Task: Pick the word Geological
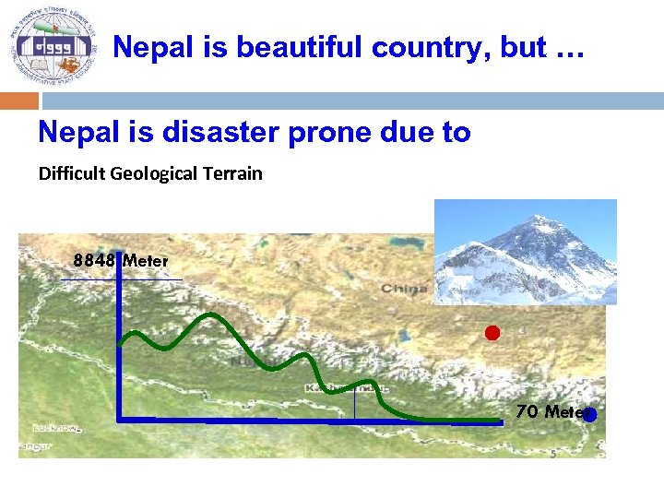(156, 173)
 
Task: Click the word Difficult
(73, 173)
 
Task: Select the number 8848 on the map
(95, 260)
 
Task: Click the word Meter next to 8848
(146, 261)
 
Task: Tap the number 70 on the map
(527, 411)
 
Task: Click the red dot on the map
(492, 333)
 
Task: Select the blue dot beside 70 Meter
(590, 415)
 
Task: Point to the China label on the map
(406, 289)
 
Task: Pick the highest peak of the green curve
(211, 315)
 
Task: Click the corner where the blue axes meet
(120, 420)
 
